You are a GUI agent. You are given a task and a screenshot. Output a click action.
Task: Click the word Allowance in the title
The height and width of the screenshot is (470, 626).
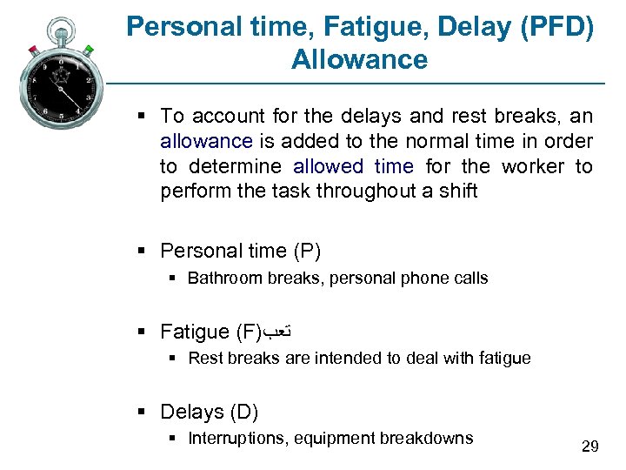click(360, 60)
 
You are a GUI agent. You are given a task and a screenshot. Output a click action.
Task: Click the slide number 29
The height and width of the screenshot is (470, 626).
click(590, 446)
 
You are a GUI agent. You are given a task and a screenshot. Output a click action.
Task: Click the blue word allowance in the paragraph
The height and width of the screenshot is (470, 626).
click(206, 141)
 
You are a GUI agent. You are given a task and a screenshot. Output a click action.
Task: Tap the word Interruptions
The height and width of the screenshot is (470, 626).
click(237, 438)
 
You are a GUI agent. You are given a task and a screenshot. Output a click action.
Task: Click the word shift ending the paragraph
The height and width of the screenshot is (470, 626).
click(456, 191)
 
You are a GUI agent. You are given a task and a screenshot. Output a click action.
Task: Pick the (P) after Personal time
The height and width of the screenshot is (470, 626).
click(307, 252)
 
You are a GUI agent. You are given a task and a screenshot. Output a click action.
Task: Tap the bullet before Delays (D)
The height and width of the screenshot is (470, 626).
click(142, 413)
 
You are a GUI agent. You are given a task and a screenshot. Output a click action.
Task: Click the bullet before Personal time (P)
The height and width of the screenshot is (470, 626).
click(142, 252)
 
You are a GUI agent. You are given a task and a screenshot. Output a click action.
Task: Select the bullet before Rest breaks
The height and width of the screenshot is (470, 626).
click(172, 359)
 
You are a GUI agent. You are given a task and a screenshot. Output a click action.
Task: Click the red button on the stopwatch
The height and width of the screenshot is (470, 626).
click(33, 50)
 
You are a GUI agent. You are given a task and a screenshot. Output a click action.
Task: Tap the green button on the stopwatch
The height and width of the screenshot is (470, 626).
click(89, 50)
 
